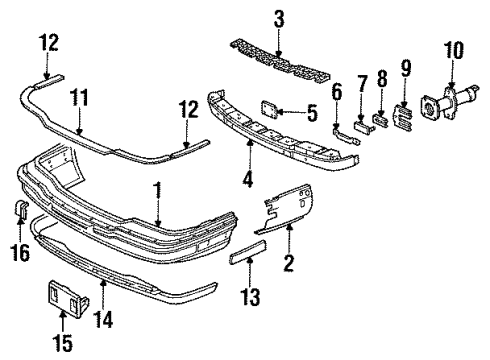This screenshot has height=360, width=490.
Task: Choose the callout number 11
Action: click(77, 97)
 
